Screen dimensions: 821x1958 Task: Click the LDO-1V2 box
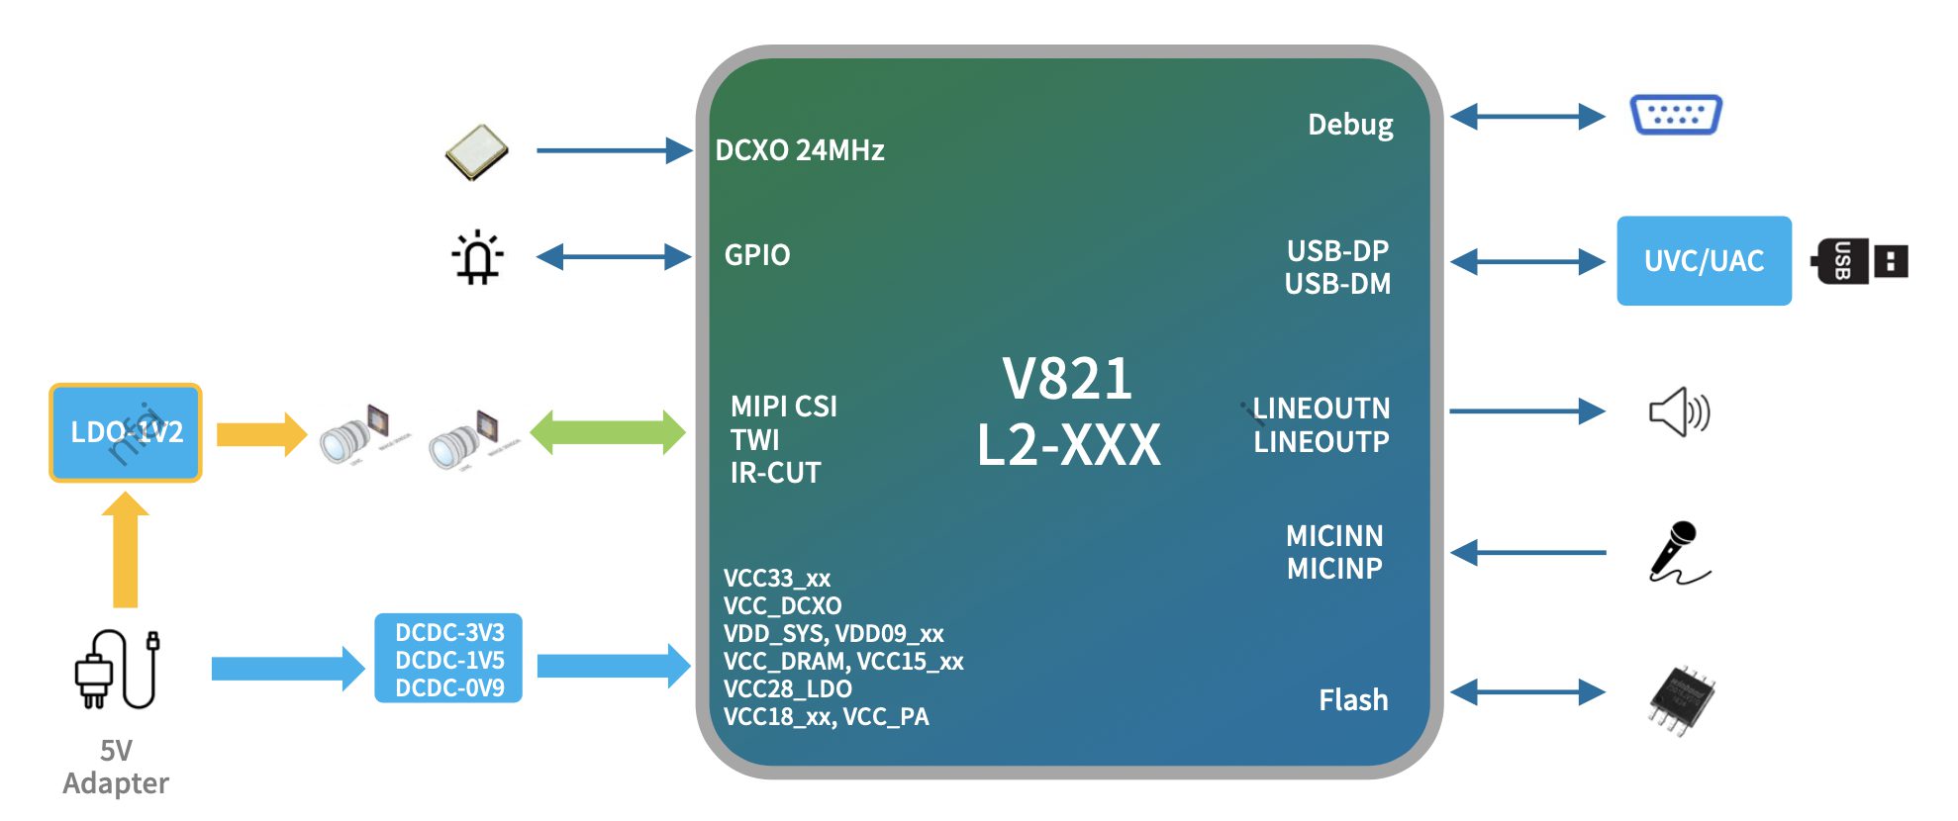click(x=126, y=432)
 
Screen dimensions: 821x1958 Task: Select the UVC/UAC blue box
click(x=1703, y=261)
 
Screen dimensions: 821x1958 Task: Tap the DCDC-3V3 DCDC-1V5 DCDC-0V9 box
click(x=448, y=659)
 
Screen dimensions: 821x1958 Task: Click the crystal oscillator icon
click(x=476, y=152)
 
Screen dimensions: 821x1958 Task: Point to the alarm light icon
click(x=478, y=257)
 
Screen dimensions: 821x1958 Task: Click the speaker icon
click(x=1679, y=411)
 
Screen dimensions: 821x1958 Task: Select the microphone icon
click(x=1677, y=552)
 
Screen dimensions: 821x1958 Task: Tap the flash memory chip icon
click(x=1681, y=700)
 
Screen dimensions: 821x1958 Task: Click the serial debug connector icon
click(x=1675, y=115)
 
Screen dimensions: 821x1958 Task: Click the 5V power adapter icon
click(x=117, y=670)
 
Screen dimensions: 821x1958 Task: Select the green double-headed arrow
click(x=608, y=432)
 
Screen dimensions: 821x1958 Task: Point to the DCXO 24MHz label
click(x=800, y=150)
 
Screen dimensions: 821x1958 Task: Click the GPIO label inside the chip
click(x=757, y=255)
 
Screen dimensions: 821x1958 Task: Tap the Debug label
click(x=1350, y=125)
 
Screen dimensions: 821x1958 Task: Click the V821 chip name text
click(x=1067, y=378)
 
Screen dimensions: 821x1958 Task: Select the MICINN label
click(x=1334, y=536)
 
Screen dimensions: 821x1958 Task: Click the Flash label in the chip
click(x=1353, y=700)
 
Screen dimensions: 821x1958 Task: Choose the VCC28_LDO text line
click(x=788, y=688)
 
